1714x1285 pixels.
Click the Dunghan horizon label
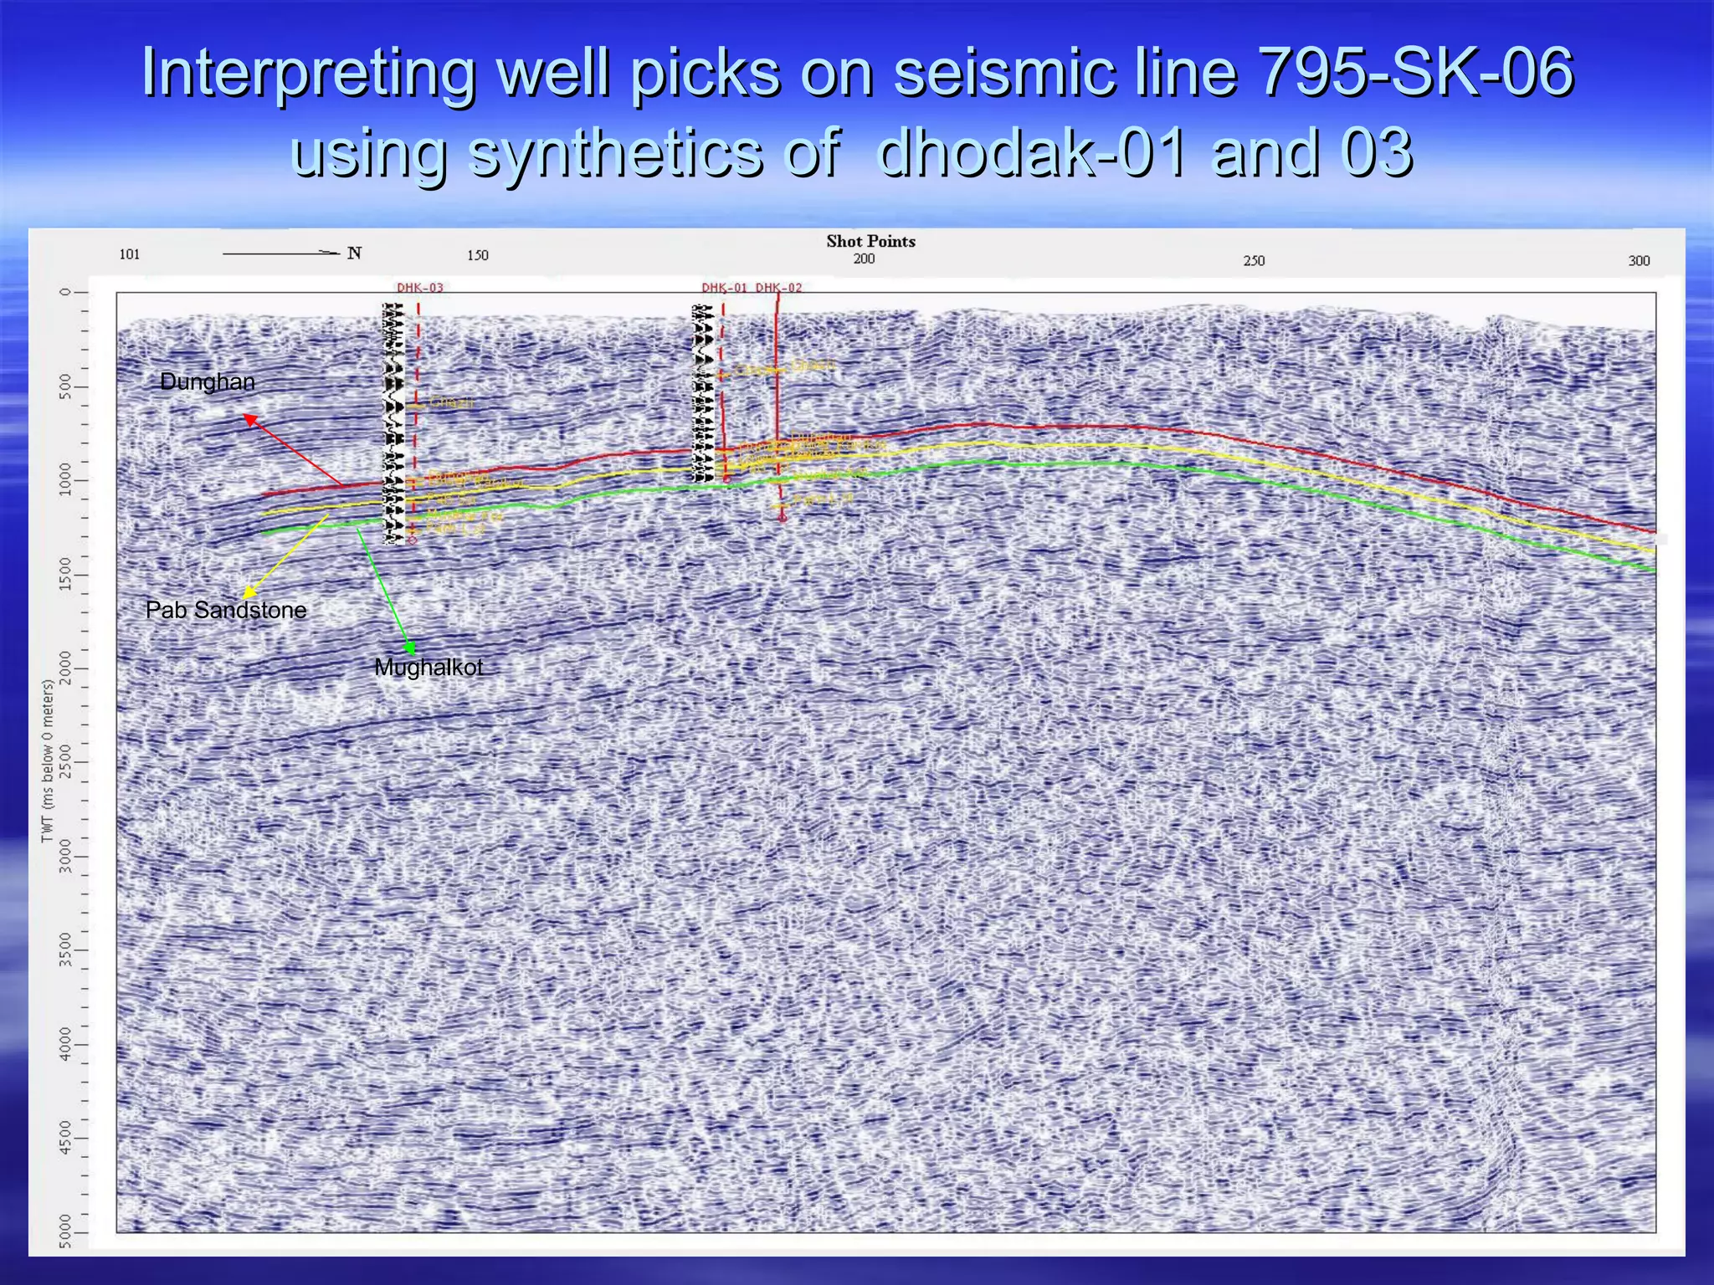[x=207, y=382]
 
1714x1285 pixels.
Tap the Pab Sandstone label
[x=226, y=610]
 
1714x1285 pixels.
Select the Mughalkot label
[x=428, y=668]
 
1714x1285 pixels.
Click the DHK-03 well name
[x=420, y=288]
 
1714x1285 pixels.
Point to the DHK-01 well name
[x=724, y=288]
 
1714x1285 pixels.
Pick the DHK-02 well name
[x=779, y=288]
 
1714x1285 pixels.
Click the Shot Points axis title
[x=870, y=242]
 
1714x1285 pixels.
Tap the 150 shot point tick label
[x=478, y=255]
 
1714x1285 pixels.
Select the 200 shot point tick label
[x=864, y=259]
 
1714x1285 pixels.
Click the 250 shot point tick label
[x=1254, y=261]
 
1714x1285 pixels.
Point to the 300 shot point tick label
[x=1639, y=261]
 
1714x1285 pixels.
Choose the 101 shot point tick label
[x=130, y=254]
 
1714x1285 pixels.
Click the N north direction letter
[x=355, y=253]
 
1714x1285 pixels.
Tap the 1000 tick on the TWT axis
[x=66, y=480]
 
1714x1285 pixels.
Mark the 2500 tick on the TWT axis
[x=66, y=762]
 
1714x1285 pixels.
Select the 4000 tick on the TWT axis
[x=66, y=1044]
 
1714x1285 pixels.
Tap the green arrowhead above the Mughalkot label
[x=409, y=648]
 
